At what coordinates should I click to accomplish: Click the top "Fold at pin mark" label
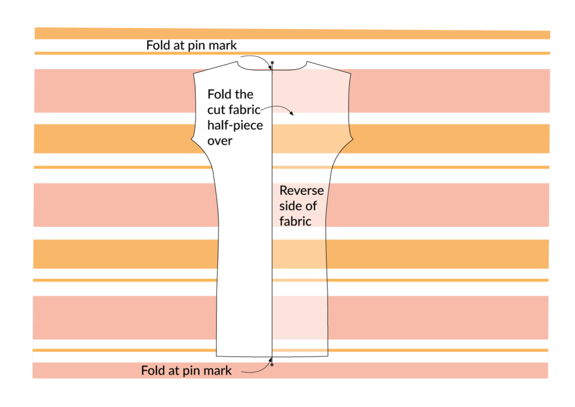pos(194,45)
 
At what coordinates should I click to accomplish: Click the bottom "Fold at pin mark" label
pos(186,370)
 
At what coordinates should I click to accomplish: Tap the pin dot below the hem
pos(272,365)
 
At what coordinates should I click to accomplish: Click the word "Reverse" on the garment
pos(302,191)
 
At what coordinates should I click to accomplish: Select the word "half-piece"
pos(235,125)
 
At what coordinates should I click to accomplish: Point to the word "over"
pos(220,141)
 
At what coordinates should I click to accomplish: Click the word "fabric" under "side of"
pos(295,221)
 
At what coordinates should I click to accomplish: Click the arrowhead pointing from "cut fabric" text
pos(291,114)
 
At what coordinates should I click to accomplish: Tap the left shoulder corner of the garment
pos(194,74)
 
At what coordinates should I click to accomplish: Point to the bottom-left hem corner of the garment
pos(217,356)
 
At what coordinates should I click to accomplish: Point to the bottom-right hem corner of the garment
pos(327,355)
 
